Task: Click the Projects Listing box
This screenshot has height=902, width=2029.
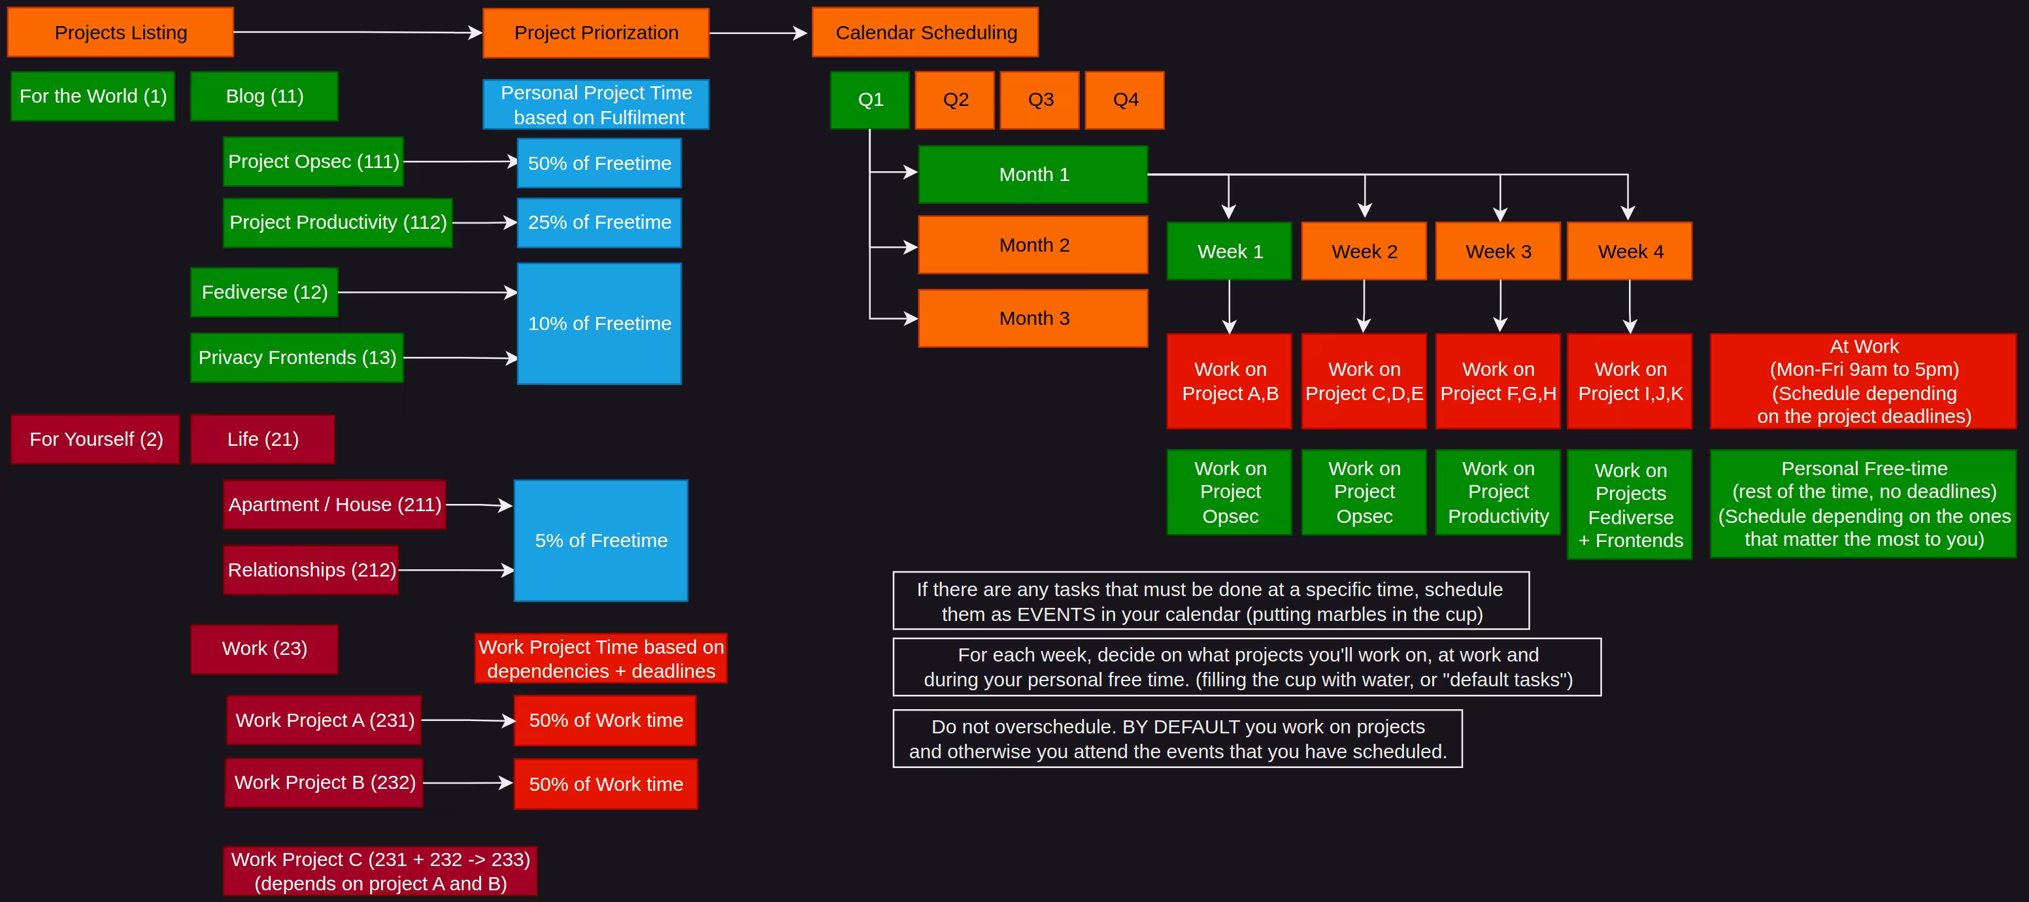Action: [120, 32]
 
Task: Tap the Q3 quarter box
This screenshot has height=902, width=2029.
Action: [1040, 100]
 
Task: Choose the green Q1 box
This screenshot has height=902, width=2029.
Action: [869, 100]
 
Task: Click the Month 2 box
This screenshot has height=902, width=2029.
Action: [1033, 245]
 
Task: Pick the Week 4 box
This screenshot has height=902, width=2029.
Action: [1629, 251]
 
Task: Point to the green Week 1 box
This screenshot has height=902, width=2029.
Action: [1229, 251]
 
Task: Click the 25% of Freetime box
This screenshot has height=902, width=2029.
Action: [599, 223]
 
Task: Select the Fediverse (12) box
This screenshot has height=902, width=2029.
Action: [264, 292]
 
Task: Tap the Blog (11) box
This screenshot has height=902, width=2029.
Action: [264, 96]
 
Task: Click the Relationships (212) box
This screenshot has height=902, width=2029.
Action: [311, 569]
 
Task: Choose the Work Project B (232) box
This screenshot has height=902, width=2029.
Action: [324, 782]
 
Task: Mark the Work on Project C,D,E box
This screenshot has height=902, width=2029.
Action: [1364, 381]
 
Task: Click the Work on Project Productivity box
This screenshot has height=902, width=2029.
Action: [1498, 492]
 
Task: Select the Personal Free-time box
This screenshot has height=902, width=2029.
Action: [1863, 503]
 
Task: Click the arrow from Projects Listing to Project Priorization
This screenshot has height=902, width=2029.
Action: [358, 32]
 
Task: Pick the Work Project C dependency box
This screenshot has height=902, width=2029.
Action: [380, 871]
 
